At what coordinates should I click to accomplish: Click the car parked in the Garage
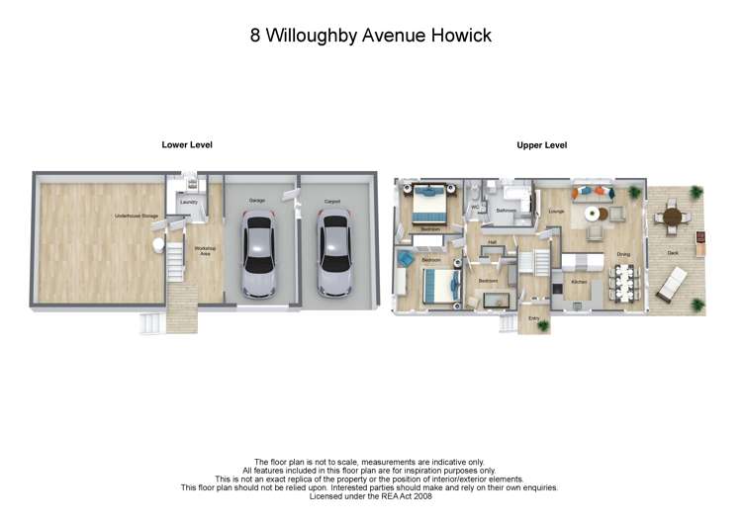pyautogui.click(x=257, y=258)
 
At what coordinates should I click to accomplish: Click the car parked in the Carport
pyautogui.click(x=333, y=258)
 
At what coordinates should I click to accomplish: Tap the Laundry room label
pyautogui.click(x=188, y=203)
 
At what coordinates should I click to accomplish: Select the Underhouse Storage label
pyautogui.click(x=136, y=215)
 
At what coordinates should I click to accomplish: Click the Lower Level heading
pyautogui.click(x=187, y=145)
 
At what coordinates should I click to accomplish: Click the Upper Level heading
pyautogui.click(x=541, y=145)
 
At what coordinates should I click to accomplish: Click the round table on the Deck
pyautogui.click(x=674, y=216)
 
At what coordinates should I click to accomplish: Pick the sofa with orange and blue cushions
pyautogui.click(x=594, y=191)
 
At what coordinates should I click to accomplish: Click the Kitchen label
pyautogui.click(x=579, y=282)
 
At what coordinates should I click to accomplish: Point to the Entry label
pyautogui.click(x=534, y=318)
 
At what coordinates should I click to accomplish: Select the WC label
pyautogui.click(x=475, y=208)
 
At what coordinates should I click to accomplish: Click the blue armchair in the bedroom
pyautogui.click(x=405, y=259)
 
